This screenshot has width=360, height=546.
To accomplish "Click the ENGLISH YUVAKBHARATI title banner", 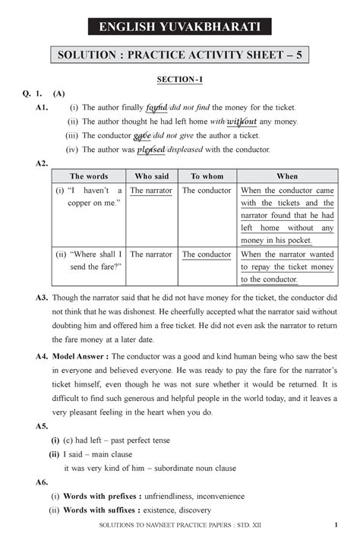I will click(180, 28).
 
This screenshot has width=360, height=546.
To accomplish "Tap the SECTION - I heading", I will click(180, 78).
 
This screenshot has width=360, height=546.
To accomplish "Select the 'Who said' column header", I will click(152, 176).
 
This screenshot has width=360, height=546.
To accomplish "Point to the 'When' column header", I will click(287, 176).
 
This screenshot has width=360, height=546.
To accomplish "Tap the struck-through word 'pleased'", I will click(151, 150).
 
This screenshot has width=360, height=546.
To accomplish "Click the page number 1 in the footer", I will click(335, 529).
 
